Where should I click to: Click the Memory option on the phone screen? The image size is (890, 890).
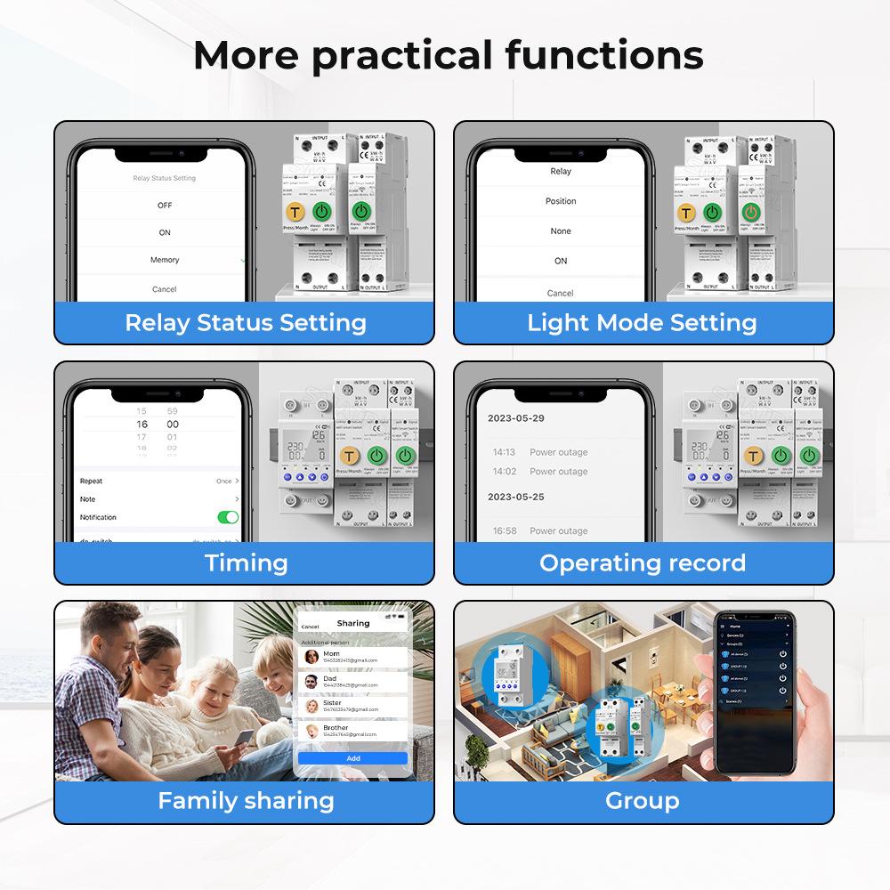click(x=165, y=260)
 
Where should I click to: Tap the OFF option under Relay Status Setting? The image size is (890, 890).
click(x=165, y=205)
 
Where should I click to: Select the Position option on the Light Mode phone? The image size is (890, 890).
click(x=561, y=201)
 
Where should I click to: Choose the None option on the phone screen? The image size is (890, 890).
click(x=561, y=231)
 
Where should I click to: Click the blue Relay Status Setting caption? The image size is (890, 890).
click(x=245, y=322)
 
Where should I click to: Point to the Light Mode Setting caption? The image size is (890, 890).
click(x=642, y=322)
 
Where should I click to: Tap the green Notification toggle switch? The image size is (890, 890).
click(x=228, y=517)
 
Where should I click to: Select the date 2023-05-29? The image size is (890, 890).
click(x=515, y=417)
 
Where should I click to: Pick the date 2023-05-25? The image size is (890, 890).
click(x=515, y=497)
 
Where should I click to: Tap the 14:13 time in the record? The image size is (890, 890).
click(x=505, y=452)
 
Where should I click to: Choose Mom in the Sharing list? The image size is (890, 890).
click(x=332, y=654)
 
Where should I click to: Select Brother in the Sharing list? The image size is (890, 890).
click(x=336, y=728)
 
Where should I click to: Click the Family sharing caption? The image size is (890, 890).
click(x=246, y=800)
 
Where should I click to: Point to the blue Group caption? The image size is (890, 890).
click(x=642, y=800)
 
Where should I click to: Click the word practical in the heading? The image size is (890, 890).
click(x=401, y=55)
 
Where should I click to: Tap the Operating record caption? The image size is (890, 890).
click(x=642, y=562)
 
